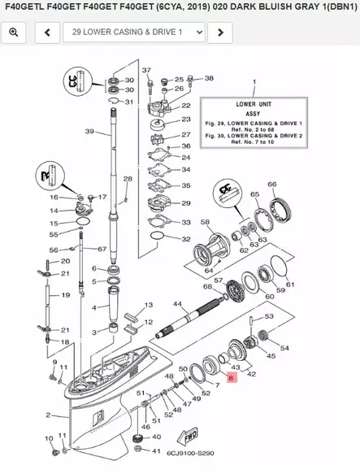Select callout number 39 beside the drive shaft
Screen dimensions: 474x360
pos(89,132)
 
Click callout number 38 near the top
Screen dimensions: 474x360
pos(209,79)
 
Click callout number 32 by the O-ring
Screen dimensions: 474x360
pos(186,240)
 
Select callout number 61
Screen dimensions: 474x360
pos(290,285)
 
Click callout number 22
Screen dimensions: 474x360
pos(185,106)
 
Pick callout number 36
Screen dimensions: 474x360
pos(186,146)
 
